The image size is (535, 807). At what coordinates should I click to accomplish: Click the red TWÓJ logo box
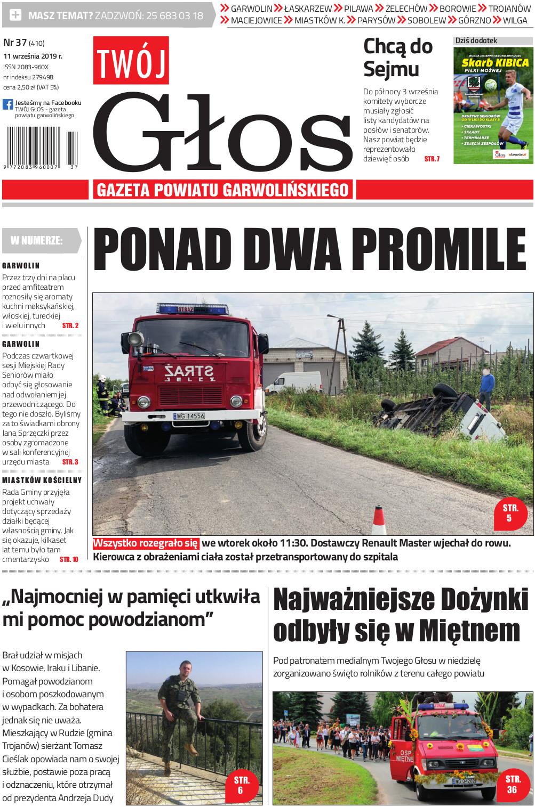(131, 60)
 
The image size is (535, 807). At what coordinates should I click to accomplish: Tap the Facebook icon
(7, 104)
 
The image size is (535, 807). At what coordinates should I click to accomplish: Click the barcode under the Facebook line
(40, 148)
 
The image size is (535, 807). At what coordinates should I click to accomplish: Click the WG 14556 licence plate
(189, 416)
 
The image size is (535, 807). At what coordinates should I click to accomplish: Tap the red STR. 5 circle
(510, 513)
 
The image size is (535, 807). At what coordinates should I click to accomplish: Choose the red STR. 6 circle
(241, 785)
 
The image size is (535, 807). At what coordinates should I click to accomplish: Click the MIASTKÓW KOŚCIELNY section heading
(42, 480)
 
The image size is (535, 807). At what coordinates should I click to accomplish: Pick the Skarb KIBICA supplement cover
(493, 105)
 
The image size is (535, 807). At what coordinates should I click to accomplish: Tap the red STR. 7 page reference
(432, 159)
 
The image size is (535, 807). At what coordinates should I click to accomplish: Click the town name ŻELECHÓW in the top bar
(406, 9)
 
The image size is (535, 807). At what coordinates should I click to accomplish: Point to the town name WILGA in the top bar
(515, 20)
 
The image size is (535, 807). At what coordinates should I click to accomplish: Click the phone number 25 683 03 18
(174, 16)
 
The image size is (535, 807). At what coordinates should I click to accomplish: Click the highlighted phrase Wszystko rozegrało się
(146, 543)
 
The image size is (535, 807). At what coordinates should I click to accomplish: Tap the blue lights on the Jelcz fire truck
(193, 308)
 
